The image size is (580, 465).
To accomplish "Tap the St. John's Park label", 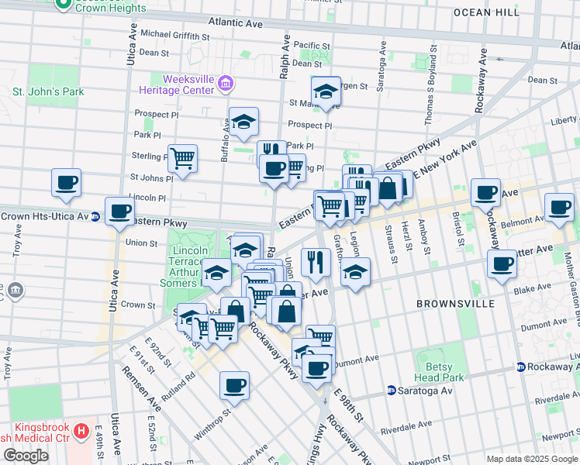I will click(x=47, y=91).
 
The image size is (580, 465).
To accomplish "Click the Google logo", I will click(x=26, y=456).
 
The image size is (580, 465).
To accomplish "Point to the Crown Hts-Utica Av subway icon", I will click(x=95, y=216).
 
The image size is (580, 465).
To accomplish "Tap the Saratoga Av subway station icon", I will click(x=392, y=391).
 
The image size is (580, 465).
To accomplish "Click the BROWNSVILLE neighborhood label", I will click(x=454, y=304).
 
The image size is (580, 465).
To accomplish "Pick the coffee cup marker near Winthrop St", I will click(x=234, y=384).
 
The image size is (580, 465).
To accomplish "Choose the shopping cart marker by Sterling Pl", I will click(x=182, y=158).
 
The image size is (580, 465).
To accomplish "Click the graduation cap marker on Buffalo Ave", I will click(x=243, y=121).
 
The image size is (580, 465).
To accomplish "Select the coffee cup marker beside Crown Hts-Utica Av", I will click(x=119, y=212).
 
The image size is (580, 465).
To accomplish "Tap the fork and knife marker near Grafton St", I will click(x=315, y=261).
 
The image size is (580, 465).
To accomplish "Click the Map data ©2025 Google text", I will click(x=531, y=459).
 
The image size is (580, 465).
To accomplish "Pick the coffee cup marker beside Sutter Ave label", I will click(x=501, y=264).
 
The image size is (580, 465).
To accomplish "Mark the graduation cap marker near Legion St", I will click(x=355, y=272).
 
